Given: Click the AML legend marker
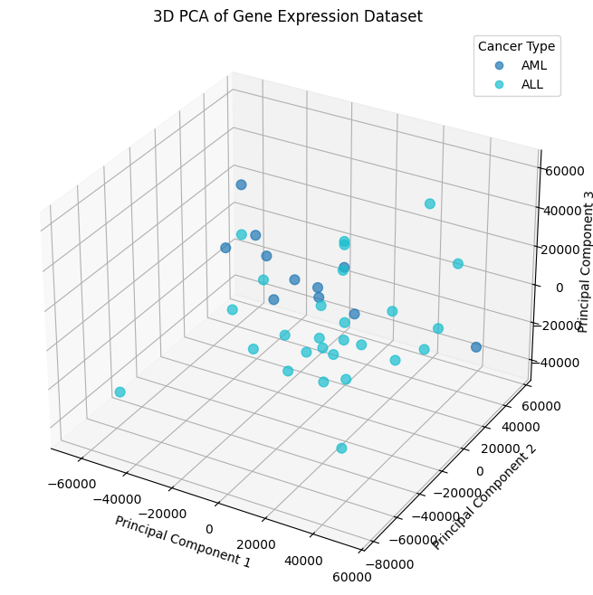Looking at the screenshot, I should coord(498,66).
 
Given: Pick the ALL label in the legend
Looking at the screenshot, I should coord(533,86).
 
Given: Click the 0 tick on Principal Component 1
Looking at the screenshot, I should coord(209,529).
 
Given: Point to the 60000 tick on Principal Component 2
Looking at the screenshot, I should coord(542,407).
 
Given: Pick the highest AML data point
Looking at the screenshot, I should coord(241,184).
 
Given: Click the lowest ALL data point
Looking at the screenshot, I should coord(341,449).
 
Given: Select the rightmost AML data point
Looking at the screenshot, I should coord(476,347).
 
